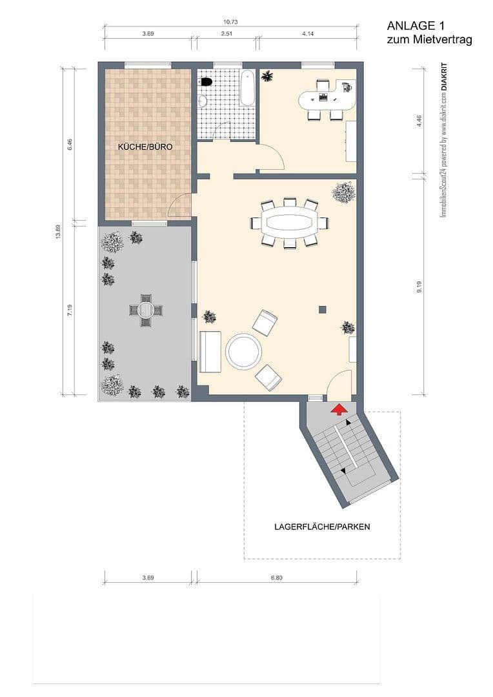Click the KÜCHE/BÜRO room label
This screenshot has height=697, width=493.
coord(145,147)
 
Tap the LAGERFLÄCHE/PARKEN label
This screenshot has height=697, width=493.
coord(322,527)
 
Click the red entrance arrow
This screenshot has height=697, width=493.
coord(337,409)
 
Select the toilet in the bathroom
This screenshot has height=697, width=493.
coord(206,82)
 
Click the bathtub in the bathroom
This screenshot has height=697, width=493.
coord(247,88)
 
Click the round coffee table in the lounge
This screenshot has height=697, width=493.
coord(243,351)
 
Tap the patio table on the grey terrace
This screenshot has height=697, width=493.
coord(145,310)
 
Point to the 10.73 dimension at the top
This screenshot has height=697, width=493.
coord(230,22)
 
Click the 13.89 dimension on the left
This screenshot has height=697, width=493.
coord(59,232)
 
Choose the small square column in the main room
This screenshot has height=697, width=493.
coord(323,310)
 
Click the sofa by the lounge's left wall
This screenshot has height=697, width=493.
coord(210,352)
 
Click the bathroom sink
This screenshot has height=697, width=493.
coord(202,101)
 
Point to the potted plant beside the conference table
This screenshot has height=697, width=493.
coord(343,192)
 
